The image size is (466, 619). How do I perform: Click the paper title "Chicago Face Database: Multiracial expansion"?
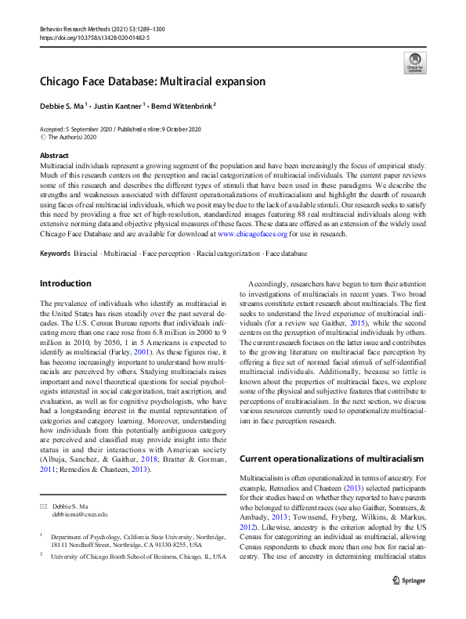(153, 81)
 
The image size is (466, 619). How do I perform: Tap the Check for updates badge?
(414, 62)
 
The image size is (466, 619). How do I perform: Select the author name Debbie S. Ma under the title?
(64, 105)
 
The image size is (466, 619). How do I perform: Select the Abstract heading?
(53, 156)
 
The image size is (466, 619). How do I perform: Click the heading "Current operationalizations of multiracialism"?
(331, 458)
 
